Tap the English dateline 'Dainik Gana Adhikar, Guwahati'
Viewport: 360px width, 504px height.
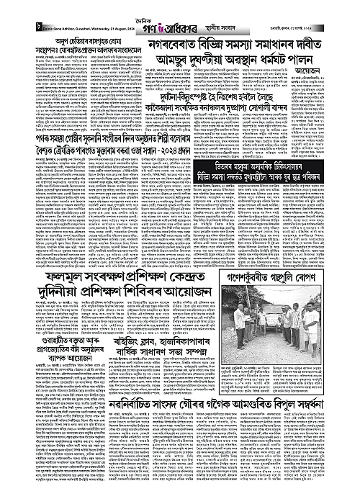pos(49,17)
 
